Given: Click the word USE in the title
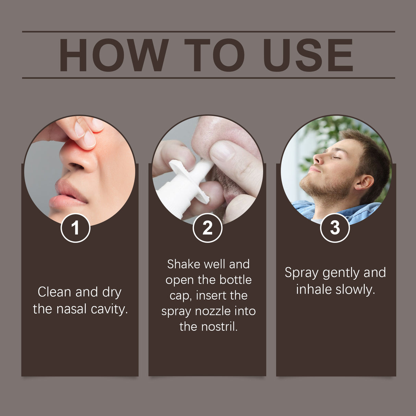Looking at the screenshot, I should (x=307, y=55).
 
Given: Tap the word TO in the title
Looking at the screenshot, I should (x=215, y=55).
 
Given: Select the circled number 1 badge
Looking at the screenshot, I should (x=75, y=228).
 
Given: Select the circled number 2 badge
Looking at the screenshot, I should (x=207, y=228).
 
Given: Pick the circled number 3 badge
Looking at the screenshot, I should (x=335, y=228).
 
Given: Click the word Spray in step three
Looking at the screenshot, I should (x=302, y=273).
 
